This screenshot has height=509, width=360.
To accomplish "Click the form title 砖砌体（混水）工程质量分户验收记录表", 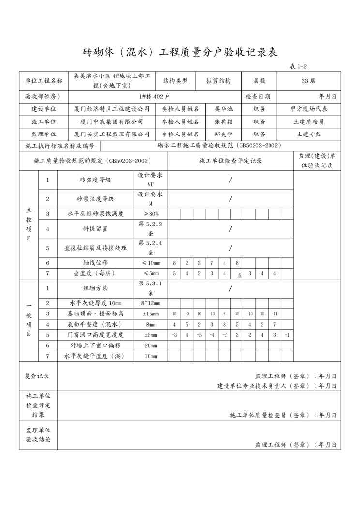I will [x=180, y=52].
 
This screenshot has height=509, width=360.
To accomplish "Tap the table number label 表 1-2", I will [x=299, y=67].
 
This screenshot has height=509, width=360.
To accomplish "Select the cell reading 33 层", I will [x=308, y=81].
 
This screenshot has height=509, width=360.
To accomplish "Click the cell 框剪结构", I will [x=218, y=81].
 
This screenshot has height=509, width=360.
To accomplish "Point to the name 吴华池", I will [x=224, y=109].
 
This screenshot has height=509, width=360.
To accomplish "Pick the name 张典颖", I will [x=224, y=122].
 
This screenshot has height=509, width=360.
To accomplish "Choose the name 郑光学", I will [x=224, y=134].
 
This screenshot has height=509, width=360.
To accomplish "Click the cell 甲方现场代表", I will [x=308, y=109].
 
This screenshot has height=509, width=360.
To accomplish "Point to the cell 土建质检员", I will [x=308, y=122].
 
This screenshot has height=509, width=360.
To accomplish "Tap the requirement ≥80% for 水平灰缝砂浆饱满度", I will [x=150, y=213].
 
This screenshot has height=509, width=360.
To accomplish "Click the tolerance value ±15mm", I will [x=150, y=314].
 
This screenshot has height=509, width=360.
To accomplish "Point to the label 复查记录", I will [x=37, y=376].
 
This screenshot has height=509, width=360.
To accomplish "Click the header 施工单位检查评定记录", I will [x=230, y=161].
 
